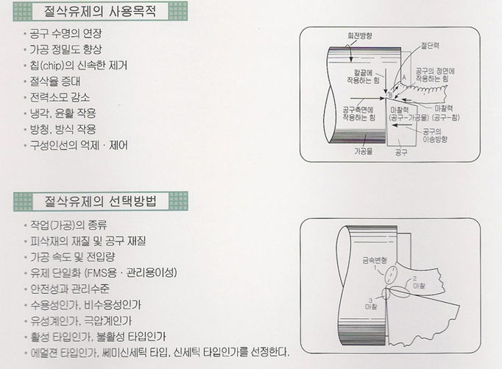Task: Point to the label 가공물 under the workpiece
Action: tap(363, 152)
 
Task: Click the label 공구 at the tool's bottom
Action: tap(401, 152)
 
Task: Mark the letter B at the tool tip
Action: tap(391, 95)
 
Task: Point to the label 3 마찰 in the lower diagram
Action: tap(370, 302)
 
